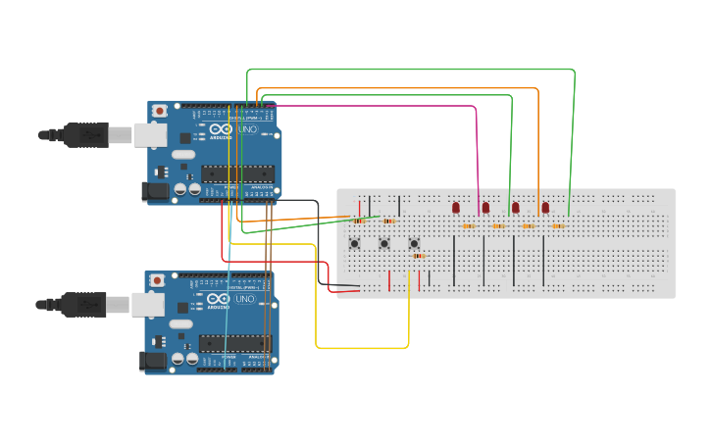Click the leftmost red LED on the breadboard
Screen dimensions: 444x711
456,207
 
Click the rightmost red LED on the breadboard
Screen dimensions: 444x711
545,207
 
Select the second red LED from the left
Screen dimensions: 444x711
485,207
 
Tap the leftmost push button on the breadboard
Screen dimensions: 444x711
354,243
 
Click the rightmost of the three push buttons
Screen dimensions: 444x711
414,243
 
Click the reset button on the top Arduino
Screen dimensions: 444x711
160,111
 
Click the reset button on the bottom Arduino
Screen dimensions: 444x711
157,280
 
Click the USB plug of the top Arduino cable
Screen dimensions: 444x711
88,134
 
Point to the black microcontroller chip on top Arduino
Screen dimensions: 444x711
236,173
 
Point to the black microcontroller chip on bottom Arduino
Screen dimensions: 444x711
233,343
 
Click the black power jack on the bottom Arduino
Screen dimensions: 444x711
152,362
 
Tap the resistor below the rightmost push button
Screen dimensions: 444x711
419,256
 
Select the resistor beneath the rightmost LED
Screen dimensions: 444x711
557,226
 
